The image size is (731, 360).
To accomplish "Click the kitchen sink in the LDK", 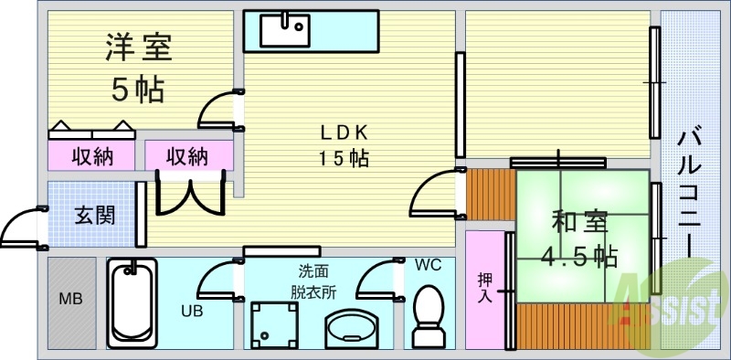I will pyautogui.click(x=285, y=29).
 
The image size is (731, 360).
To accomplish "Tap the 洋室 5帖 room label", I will pyautogui.click(x=138, y=67).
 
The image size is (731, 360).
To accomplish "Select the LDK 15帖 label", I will pyautogui.click(x=344, y=144).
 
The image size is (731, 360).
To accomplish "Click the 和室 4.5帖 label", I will pyautogui.click(x=579, y=238).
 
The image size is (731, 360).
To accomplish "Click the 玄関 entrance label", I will pyautogui.click(x=94, y=216).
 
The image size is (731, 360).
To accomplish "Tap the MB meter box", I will pyautogui.click(x=70, y=301).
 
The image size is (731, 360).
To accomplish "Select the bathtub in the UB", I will pyautogui.click(x=132, y=302).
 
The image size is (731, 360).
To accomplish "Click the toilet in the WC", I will pyautogui.click(x=428, y=315).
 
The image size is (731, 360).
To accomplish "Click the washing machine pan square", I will pyautogui.click(x=275, y=324).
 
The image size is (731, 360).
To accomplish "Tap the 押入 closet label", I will pyautogui.click(x=485, y=287).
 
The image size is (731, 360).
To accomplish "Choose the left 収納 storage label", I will pyautogui.click(x=92, y=156).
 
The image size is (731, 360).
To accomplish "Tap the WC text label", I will pyautogui.click(x=427, y=266).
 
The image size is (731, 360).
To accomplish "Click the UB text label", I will pyautogui.click(x=191, y=311).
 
